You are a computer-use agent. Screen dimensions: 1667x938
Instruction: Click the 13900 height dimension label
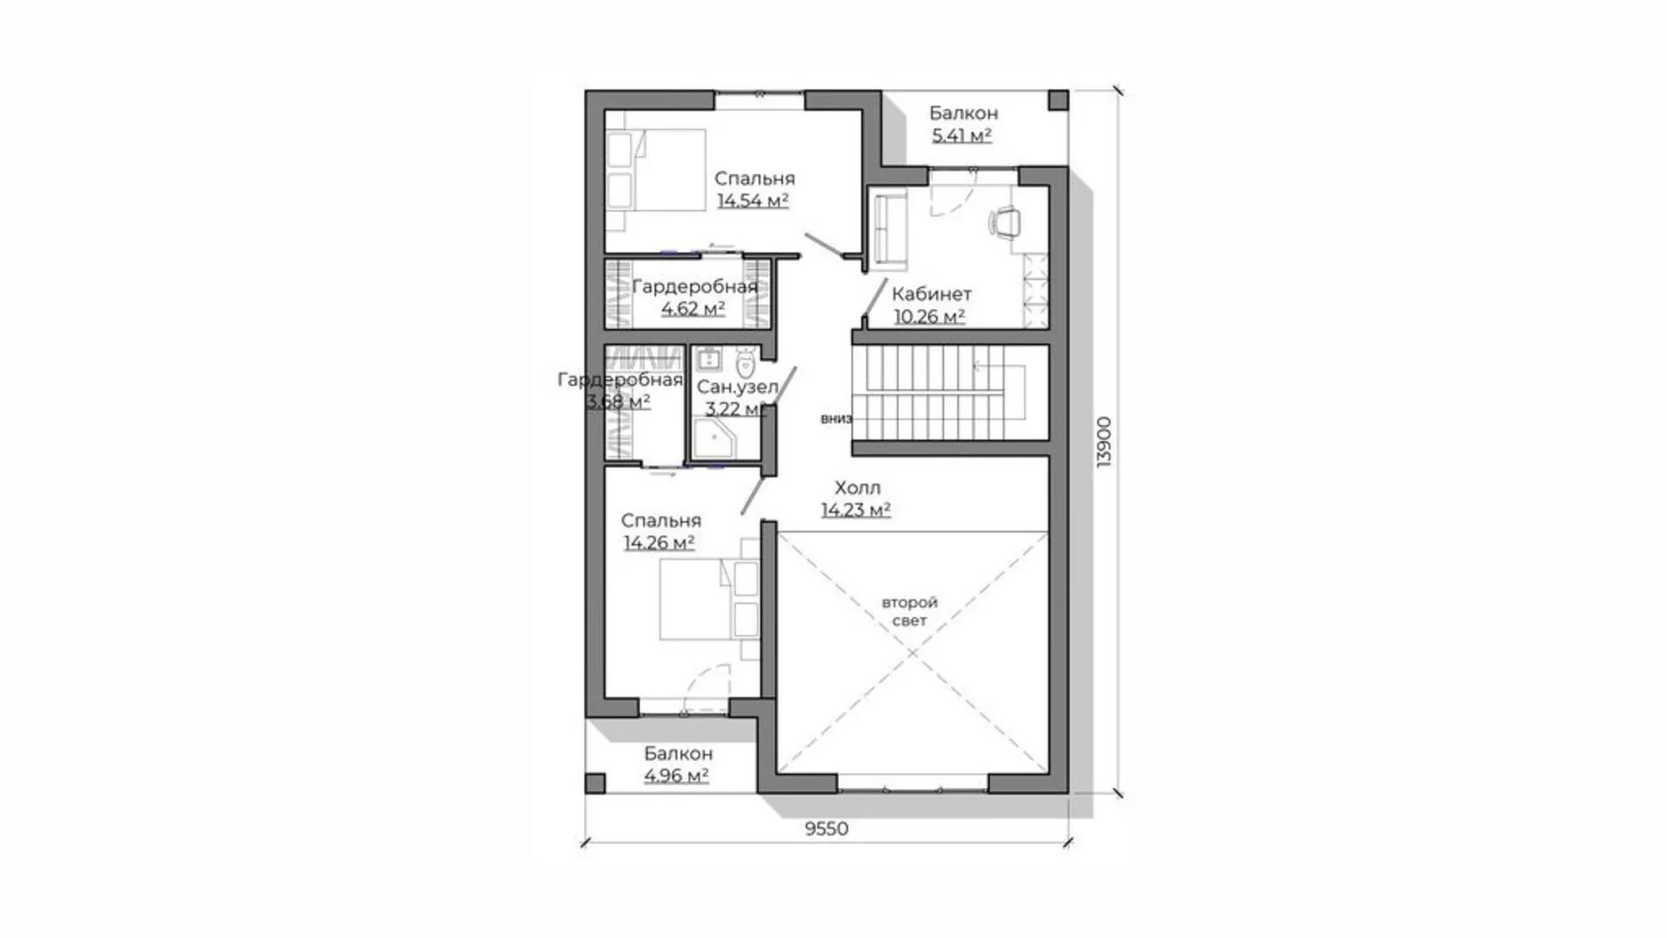point(1104,442)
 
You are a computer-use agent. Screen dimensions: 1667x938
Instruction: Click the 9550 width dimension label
point(827,829)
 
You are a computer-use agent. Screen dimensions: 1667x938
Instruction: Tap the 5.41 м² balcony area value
point(962,135)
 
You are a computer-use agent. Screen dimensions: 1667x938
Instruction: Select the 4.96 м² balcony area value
point(676,776)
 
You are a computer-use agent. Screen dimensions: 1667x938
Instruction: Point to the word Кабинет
point(932,294)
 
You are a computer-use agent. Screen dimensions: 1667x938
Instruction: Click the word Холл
point(858,488)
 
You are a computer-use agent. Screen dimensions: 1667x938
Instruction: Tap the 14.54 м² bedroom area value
point(753,201)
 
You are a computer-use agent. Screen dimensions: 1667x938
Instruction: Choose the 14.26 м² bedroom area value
point(659,543)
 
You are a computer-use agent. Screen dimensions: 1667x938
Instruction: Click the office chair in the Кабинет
point(1005,221)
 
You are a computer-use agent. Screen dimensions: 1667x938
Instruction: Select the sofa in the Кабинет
point(889,228)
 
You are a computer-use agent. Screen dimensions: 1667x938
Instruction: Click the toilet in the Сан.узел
point(744,362)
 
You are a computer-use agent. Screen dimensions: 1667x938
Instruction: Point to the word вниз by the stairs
point(836,419)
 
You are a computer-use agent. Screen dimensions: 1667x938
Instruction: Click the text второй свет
point(910,611)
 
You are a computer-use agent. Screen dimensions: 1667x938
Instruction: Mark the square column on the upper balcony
point(1058,100)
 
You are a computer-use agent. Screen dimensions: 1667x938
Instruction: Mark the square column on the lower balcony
point(595,783)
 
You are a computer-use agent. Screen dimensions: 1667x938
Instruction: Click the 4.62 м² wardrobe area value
point(693,308)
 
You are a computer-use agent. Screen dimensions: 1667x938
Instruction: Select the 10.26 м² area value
point(930,317)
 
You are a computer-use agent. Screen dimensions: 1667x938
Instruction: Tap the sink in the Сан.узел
point(708,359)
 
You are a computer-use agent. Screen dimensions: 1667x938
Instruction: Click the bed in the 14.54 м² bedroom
point(656,171)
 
